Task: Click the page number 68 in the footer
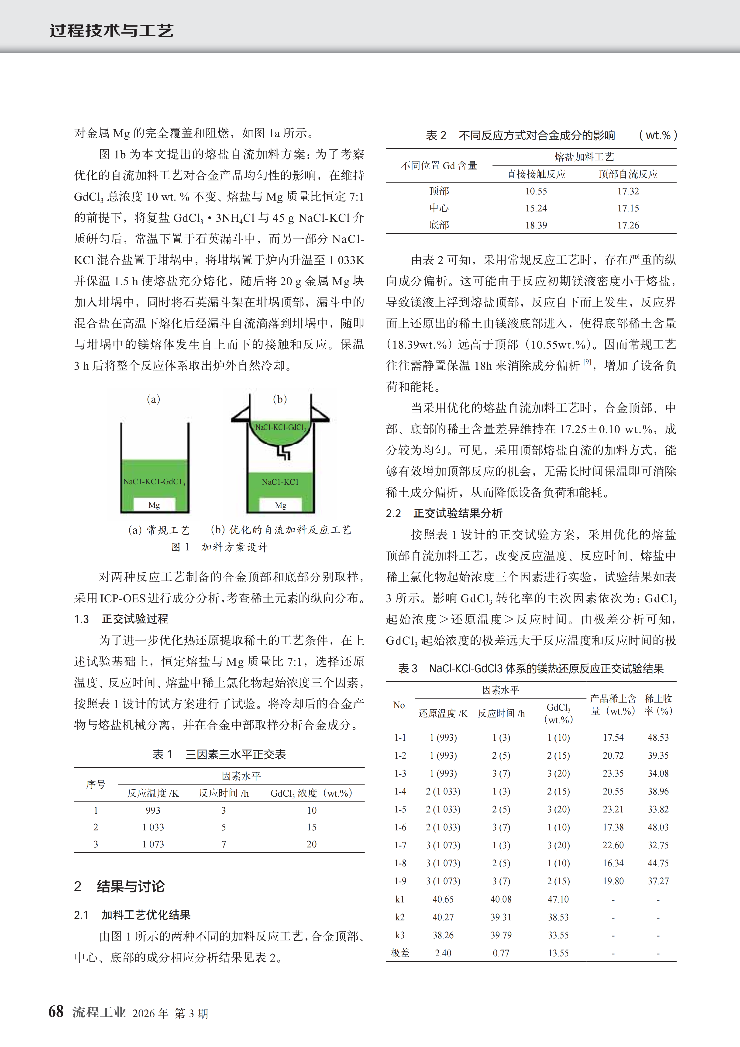point(56,1011)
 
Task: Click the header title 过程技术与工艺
point(112,31)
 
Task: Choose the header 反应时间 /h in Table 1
point(224,793)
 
